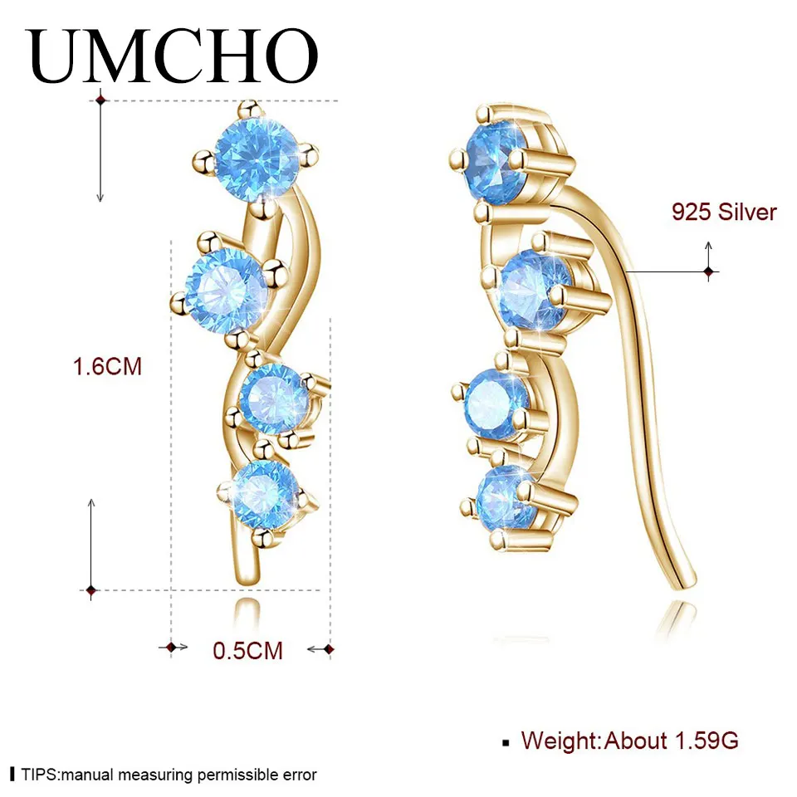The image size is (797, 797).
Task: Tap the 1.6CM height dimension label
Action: (x=108, y=366)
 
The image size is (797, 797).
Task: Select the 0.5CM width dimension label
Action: (x=248, y=650)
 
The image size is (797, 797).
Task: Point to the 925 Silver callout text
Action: (x=724, y=213)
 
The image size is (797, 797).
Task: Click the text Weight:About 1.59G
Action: (x=629, y=740)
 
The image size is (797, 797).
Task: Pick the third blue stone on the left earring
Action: (x=274, y=398)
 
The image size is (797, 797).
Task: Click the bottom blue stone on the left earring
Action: (x=265, y=494)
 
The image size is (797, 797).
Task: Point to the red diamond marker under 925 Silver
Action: (x=708, y=271)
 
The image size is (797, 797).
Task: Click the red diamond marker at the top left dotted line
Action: (x=100, y=100)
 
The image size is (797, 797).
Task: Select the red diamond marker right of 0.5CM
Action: (x=329, y=648)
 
